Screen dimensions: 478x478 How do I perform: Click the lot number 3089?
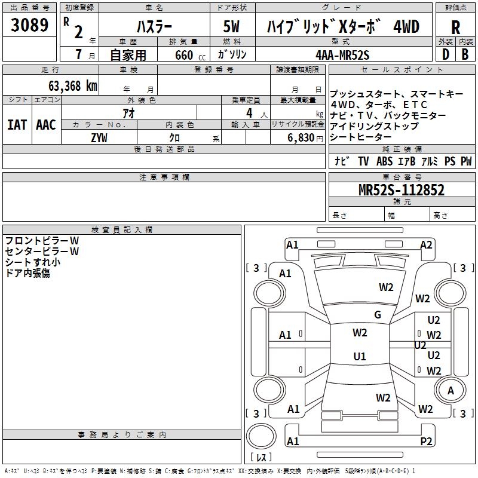(29, 26)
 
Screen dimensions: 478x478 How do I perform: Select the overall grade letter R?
(455, 27)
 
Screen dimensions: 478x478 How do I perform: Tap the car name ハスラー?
(154, 27)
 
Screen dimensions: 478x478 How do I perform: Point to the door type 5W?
(232, 27)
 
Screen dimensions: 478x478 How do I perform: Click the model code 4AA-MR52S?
(342, 54)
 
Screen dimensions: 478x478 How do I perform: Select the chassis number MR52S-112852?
(401, 191)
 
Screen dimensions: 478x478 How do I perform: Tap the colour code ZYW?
(99, 137)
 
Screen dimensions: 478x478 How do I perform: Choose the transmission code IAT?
(17, 125)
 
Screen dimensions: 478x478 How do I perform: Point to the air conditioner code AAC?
(45, 125)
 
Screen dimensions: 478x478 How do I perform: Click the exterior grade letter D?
(445, 54)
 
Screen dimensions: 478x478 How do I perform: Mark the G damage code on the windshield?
(377, 315)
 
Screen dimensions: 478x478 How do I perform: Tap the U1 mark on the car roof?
(359, 357)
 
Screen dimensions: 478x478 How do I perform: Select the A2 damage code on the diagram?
(426, 244)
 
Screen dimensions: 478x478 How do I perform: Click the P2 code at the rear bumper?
(426, 442)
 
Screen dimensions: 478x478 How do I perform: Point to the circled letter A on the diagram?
(451, 391)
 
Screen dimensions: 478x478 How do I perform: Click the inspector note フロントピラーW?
(42, 241)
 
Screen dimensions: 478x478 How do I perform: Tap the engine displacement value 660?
(185, 55)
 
